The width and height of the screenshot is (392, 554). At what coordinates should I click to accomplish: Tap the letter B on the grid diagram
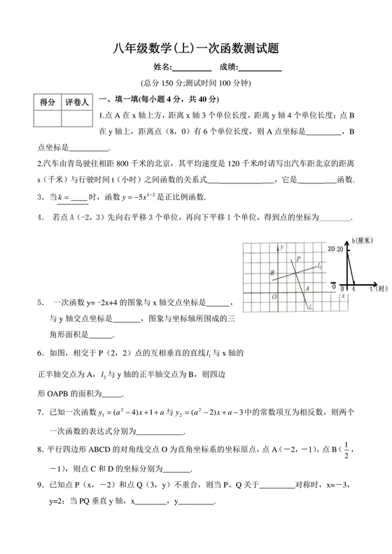click(272, 273)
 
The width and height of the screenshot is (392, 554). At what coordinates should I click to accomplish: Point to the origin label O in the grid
click(274, 297)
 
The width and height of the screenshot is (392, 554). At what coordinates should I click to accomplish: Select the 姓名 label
click(162, 68)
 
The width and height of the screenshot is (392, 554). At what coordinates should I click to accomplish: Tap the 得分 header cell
click(48, 102)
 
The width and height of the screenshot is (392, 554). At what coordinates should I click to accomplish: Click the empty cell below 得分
click(48, 118)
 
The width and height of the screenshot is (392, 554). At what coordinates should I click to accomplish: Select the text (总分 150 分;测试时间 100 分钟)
click(195, 83)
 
